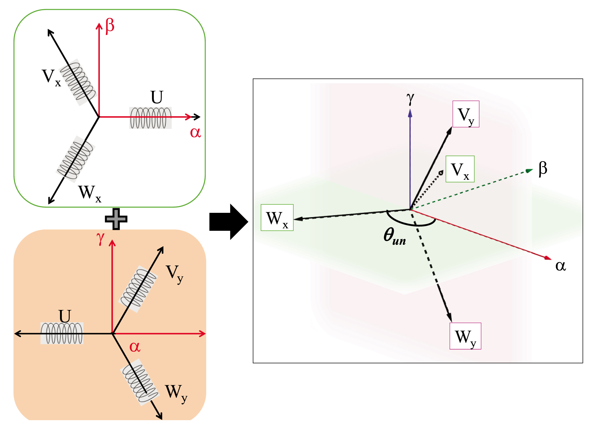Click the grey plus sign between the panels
pos(116,219)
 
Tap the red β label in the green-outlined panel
pos(110,26)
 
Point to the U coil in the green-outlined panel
pos(150,118)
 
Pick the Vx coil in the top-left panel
pos(78,82)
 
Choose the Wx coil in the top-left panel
pos(76,159)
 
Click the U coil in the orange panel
pos(62,333)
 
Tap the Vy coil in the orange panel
pos(138,289)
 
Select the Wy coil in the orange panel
pos(139,382)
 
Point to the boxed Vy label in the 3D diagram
pos(466,114)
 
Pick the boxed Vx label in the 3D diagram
pos(460,169)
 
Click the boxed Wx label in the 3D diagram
pos(277,218)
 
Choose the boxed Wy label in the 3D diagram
pos(465,336)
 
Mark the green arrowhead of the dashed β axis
pos(529,171)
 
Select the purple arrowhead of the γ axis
pos(410,114)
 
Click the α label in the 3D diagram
pos(560,265)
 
